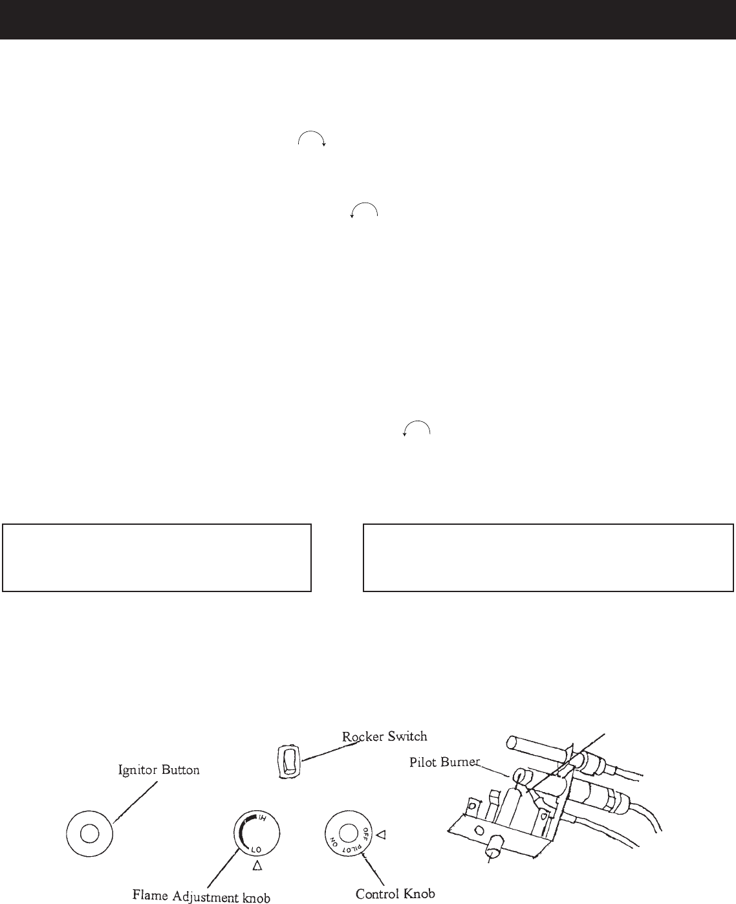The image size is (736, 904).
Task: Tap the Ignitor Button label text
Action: click(158, 770)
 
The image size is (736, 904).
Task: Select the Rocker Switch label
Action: click(385, 736)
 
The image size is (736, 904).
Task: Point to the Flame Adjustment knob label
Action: click(201, 896)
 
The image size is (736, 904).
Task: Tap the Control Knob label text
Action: click(395, 894)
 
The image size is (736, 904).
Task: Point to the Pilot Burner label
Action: click(445, 762)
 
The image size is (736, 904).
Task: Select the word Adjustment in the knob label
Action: click(211, 896)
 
